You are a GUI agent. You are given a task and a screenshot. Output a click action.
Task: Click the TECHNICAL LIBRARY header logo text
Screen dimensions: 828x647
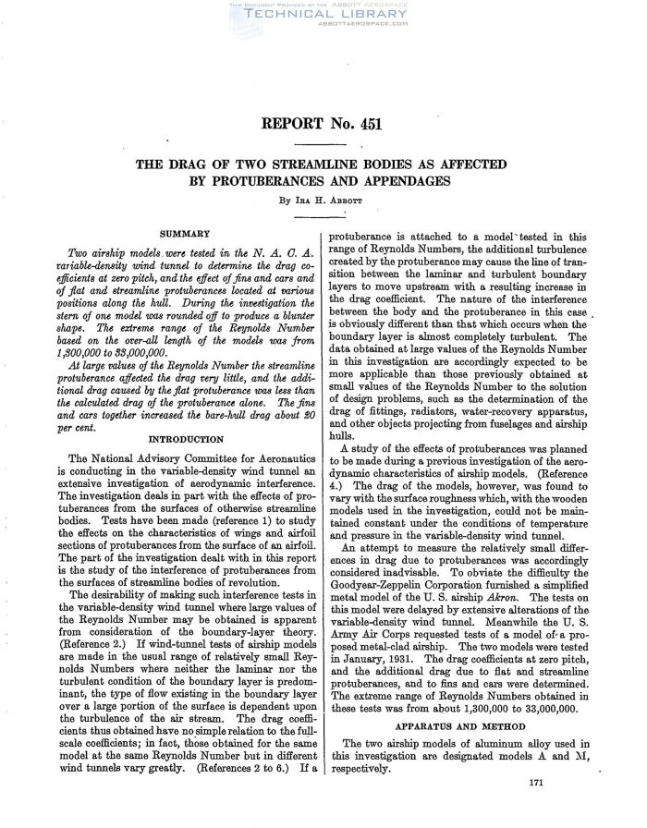point(323,17)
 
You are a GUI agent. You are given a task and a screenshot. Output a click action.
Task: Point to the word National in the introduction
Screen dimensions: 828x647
point(125,457)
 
